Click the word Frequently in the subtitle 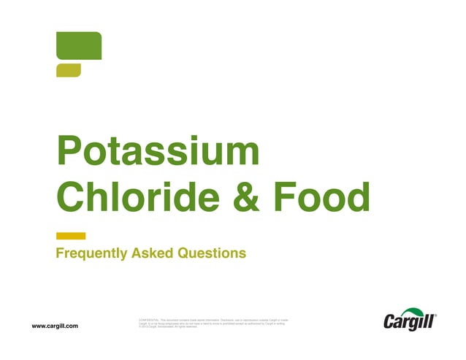click(x=92, y=253)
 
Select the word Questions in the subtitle click(x=212, y=253)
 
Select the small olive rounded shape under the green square click(x=68, y=70)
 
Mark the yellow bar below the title click(x=71, y=236)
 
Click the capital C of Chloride click(x=72, y=196)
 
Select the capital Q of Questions click(x=183, y=253)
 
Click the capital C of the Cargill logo click(x=391, y=322)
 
